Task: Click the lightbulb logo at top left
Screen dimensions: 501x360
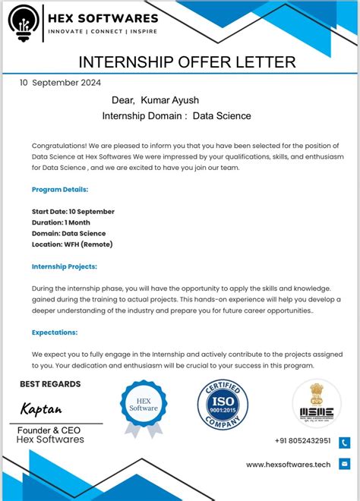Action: (x=24, y=26)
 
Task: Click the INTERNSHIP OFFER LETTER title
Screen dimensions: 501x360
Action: (x=188, y=61)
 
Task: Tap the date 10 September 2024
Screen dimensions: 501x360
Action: (x=61, y=83)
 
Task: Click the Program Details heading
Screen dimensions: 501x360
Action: (x=60, y=189)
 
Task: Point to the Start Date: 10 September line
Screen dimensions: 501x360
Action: (x=73, y=211)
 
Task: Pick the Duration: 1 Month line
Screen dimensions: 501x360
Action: (x=61, y=222)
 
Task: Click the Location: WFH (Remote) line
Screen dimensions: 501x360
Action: (x=72, y=244)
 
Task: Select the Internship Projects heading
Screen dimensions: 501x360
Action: (x=65, y=266)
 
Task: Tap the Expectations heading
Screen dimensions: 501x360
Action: (x=55, y=332)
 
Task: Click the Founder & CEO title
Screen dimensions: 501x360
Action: (x=50, y=430)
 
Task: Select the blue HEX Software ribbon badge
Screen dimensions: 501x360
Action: (x=144, y=408)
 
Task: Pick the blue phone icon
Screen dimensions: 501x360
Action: (x=344, y=442)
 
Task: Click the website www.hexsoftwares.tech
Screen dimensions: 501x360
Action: (x=289, y=465)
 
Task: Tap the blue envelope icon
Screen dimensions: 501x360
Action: (x=344, y=464)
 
